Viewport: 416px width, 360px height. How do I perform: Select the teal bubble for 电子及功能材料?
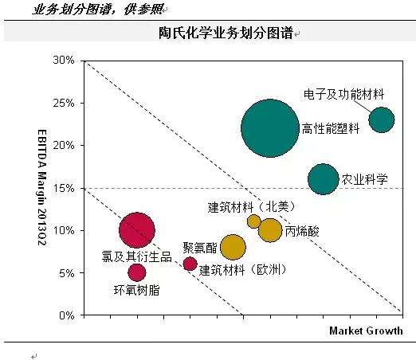pyautogui.click(x=381, y=119)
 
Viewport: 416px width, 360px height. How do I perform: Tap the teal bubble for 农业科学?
pyautogui.click(x=323, y=179)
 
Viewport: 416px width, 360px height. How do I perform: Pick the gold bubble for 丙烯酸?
pyautogui.click(x=270, y=230)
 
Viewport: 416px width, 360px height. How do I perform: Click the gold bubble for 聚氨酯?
pyautogui.click(x=232, y=247)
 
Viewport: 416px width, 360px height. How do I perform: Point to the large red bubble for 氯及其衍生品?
pyautogui.click(x=137, y=230)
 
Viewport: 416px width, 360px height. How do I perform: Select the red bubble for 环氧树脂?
pyautogui.click(x=137, y=272)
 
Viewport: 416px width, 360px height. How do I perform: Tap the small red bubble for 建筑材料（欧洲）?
pyautogui.click(x=190, y=264)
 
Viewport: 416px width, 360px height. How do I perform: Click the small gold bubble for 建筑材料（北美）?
pyautogui.click(x=254, y=221)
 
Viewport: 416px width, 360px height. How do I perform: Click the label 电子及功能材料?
pyautogui.click(x=343, y=94)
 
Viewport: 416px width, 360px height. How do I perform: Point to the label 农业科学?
pyautogui.click(x=364, y=179)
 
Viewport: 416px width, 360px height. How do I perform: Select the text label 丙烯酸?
pyautogui.click(x=302, y=231)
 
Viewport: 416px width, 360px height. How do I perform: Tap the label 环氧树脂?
pyautogui.click(x=136, y=290)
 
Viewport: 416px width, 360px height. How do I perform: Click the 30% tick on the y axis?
pyautogui.click(x=64, y=61)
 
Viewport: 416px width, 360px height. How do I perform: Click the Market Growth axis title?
pyautogui.click(x=366, y=331)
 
